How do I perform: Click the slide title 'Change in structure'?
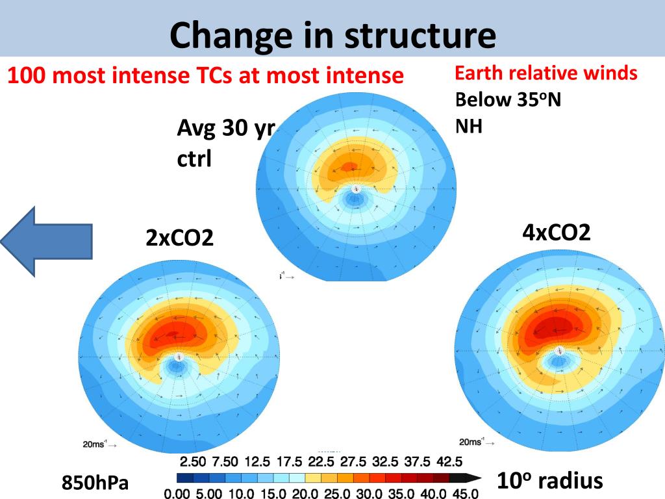click(332, 36)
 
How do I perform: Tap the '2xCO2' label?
click(179, 238)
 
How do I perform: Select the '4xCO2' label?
click(557, 232)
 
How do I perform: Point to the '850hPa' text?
click(95, 483)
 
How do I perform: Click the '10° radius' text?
click(549, 481)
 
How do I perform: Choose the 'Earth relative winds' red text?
click(546, 73)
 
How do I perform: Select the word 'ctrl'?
click(194, 159)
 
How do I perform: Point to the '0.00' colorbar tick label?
click(177, 494)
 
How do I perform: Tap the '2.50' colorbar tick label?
click(193, 462)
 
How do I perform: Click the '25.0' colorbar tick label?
click(336, 494)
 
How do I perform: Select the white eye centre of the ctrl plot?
click(355, 189)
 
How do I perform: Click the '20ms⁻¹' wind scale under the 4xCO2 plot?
click(473, 442)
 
